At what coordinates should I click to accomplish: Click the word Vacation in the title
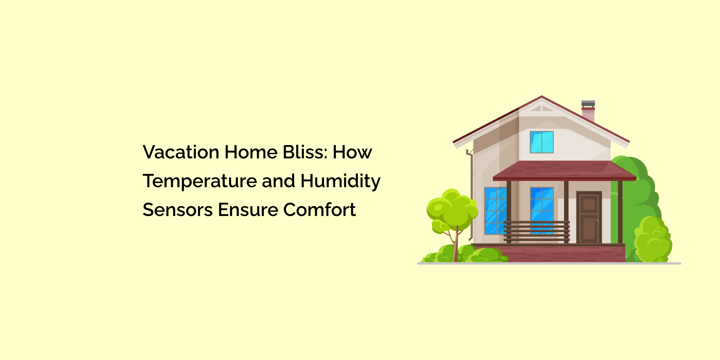181,152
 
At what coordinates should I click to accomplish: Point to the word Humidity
340,181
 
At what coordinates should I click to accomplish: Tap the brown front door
589,217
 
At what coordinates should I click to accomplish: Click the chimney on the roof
588,112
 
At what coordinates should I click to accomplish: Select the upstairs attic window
541,142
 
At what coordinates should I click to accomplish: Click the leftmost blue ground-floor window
495,211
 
